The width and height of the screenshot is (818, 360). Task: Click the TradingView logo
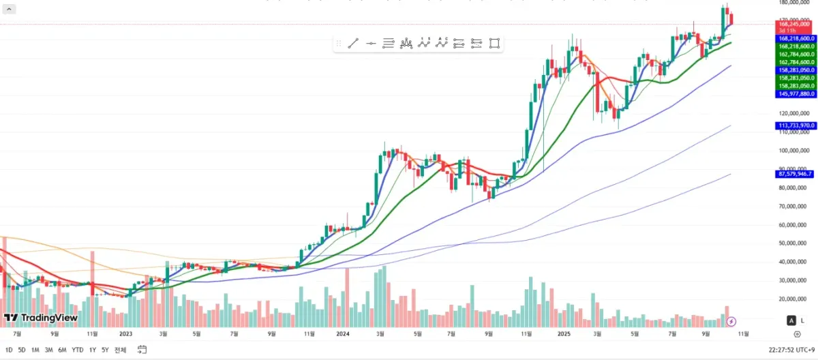pyautogui.click(x=41, y=318)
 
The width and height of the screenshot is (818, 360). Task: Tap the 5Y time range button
pyautogui.click(x=104, y=350)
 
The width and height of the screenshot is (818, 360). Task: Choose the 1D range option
pyautogui.click(x=9, y=350)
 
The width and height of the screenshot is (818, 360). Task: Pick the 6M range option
pyautogui.click(x=62, y=350)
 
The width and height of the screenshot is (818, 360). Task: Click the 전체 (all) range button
pyautogui.click(x=120, y=350)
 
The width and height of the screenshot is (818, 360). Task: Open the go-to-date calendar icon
pyautogui.click(x=142, y=349)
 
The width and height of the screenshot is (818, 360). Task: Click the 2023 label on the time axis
pyautogui.click(x=125, y=334)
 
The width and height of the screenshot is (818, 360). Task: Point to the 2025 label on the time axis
pyautogui.click(x=564, y=334)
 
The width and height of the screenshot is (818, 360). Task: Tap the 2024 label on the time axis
pyautogui.click(x=343, y=334)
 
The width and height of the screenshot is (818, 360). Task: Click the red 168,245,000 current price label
pyautogui.click(x=795, y=24)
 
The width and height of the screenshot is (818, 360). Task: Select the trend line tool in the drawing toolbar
pyautogui.click(x=353, y=43)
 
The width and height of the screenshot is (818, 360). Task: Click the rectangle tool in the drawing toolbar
pyautogui.click(x=494, y=43)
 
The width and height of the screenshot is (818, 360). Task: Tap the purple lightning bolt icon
pyautogui.click(x=731, y=320)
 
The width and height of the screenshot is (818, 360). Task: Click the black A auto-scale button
pyautogui.click(x=791, y=320)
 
